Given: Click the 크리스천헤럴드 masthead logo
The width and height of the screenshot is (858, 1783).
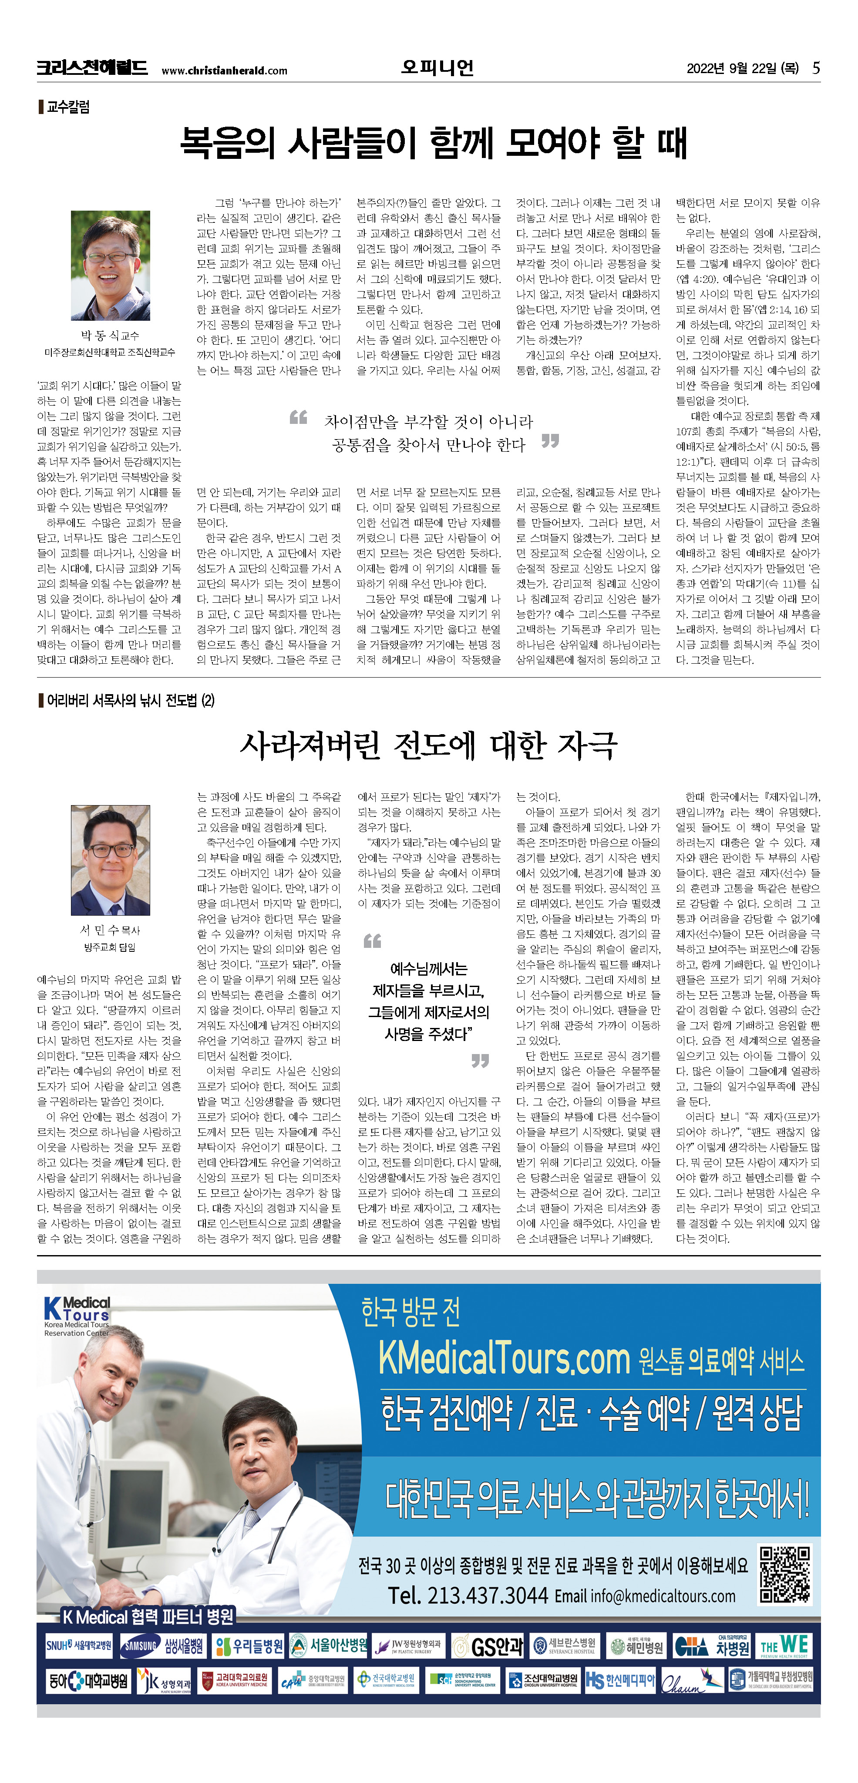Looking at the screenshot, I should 92,68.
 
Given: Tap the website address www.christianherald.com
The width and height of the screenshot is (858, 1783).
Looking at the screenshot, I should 224,71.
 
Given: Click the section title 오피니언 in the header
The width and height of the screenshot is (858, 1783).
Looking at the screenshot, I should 437,68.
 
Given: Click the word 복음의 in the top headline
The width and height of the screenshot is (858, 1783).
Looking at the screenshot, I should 227,143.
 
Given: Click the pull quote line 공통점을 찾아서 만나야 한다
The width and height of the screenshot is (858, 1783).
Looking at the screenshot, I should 429,445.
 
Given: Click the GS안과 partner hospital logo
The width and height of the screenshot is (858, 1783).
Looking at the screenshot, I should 488,1646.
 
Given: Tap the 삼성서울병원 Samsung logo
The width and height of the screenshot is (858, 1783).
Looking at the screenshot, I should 163,1646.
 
